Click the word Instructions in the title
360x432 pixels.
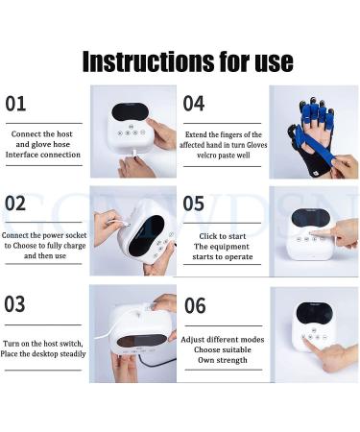pos(144,60)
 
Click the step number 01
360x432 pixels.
pos(16,103)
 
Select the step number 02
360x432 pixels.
pos(16,204)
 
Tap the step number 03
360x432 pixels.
pos(16,304)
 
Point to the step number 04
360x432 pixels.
pos(195,103)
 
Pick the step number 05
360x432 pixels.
pos(195,204)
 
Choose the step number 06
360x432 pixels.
pos(195,304)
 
